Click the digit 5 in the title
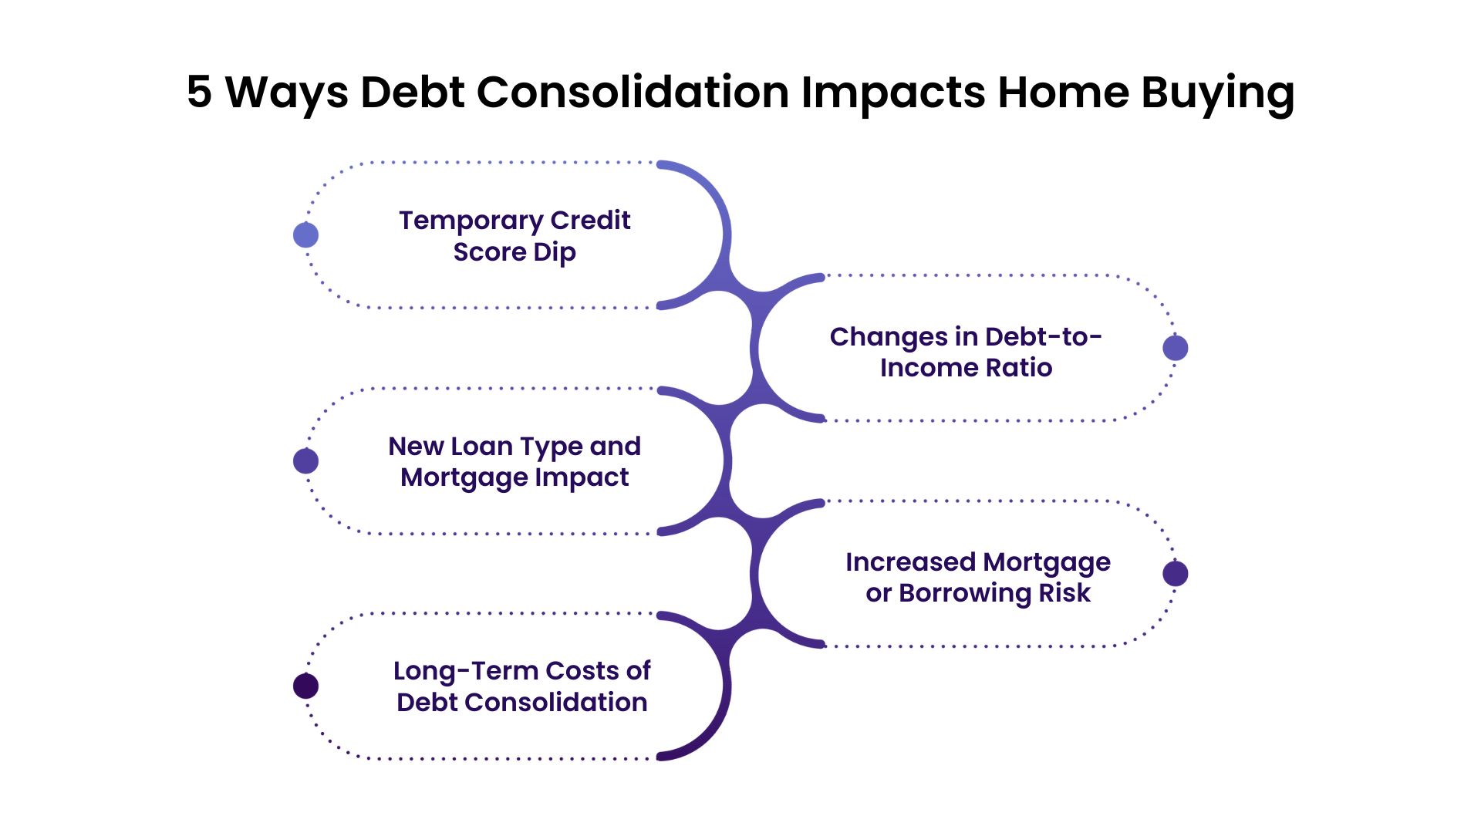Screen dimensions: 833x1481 pos(199,93)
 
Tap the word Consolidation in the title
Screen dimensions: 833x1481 pos(633,93)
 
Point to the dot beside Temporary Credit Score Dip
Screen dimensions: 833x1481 pos(306,235)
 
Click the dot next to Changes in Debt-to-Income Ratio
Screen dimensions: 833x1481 pos(1175,348)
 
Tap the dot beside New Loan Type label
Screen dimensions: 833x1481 pos(306,461)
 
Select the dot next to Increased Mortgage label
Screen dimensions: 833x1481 pos(1175,574)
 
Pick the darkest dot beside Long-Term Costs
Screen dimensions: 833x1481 pos(306,686)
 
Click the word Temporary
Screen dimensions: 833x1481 pos(471,221)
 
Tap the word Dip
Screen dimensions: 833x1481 pos(555,253)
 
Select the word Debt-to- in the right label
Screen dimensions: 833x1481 pos(1043,337)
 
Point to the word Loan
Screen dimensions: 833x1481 pos(481,447)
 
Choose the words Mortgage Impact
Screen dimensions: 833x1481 pos(514,477)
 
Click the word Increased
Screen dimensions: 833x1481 pos(910,562)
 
